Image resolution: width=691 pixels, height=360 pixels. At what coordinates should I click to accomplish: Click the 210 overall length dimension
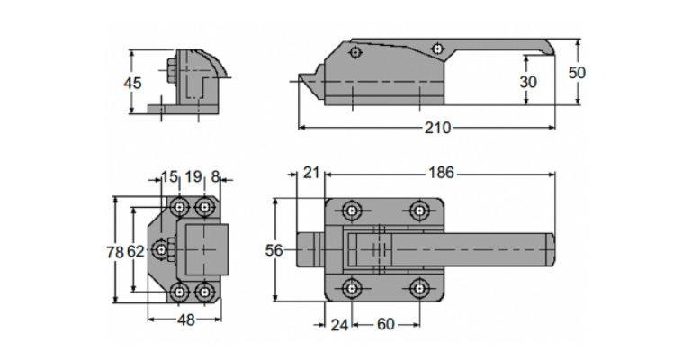(x=437, y=128)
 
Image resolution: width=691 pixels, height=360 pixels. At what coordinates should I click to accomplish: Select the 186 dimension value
(x=441, y=173)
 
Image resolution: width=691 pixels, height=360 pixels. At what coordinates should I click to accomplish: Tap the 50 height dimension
(x=577, y=73)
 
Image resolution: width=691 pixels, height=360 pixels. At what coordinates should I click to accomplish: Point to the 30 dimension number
(x=528, y=82)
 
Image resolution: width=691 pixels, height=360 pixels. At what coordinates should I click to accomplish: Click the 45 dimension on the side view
(x=132, y=83)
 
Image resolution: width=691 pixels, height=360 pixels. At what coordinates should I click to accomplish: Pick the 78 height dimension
(x=115, y=252)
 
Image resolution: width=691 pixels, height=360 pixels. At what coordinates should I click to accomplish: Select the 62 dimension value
(x=136, y=252)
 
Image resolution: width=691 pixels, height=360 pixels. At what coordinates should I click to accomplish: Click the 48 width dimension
(x=185, y=319)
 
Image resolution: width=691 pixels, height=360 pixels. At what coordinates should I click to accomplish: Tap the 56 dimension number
(x=274, y=251)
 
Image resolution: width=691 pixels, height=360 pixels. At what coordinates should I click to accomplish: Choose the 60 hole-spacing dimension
(x=386, y=325)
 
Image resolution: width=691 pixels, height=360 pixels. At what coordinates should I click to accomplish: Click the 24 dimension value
(x=339, y=325)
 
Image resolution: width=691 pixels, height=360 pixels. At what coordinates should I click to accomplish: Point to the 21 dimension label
(x=311, y=173)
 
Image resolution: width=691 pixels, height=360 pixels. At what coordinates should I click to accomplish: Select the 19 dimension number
(x=193, y=176)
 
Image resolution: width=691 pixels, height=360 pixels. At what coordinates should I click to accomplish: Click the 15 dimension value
(x=169, y=176)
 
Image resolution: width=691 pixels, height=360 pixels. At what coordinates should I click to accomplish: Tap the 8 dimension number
(x=215, y=176)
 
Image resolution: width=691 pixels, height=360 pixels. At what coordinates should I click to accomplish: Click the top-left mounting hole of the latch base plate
(x=351, y=211)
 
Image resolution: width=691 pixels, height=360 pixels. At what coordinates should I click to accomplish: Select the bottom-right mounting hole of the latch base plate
(x=418, y=289)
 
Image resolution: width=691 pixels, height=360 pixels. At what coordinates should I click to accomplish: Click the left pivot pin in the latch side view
(x=355, y=53)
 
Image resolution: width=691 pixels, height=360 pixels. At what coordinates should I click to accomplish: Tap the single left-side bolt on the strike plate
(x=162, y=250)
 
